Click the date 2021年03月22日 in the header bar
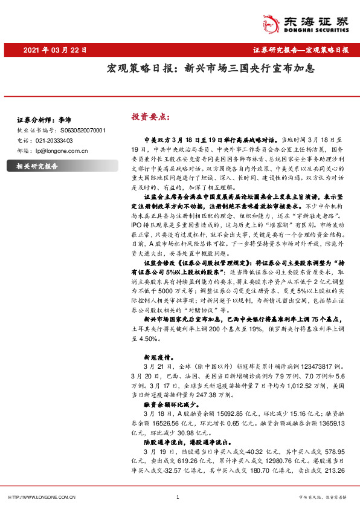point(56,50)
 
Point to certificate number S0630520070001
point(82,130)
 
